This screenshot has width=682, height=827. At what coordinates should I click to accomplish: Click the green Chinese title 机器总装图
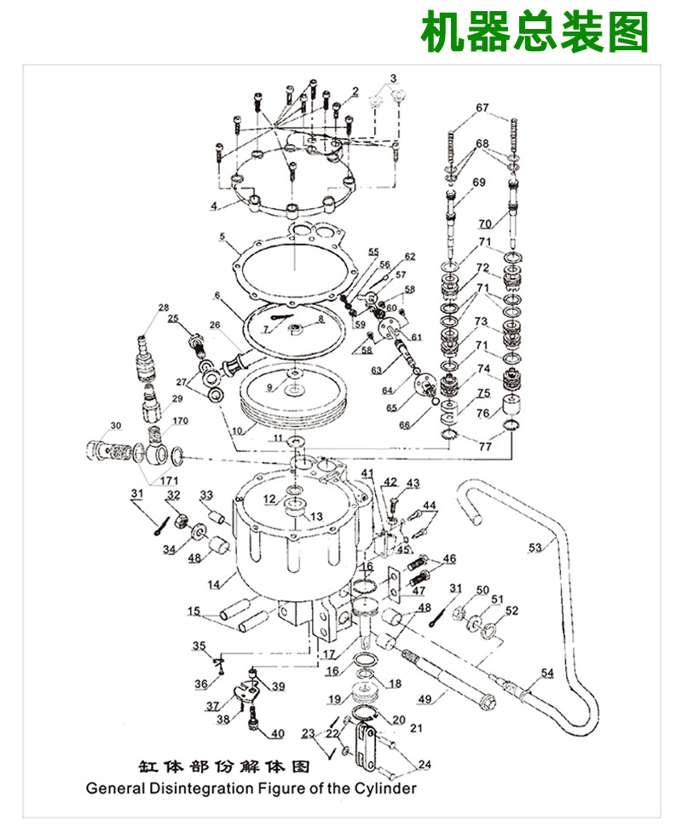tap(535, 33)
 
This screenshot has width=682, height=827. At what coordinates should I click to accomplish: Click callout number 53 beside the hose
tap(535, 548)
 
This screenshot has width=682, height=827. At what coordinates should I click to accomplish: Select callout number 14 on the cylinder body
tap(214, 584)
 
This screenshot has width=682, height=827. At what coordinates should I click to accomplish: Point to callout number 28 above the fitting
tap(164, 307)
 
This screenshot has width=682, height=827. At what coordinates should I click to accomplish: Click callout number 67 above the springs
tap(483, 107)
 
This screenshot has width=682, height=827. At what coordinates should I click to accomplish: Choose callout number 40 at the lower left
tap(278, 734)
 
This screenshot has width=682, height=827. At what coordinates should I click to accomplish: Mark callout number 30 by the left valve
tap(116, 425)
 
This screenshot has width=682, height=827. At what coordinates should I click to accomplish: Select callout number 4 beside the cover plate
tap(215, 205)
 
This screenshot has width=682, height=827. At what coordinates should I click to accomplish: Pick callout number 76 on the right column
tap(483, 413)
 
